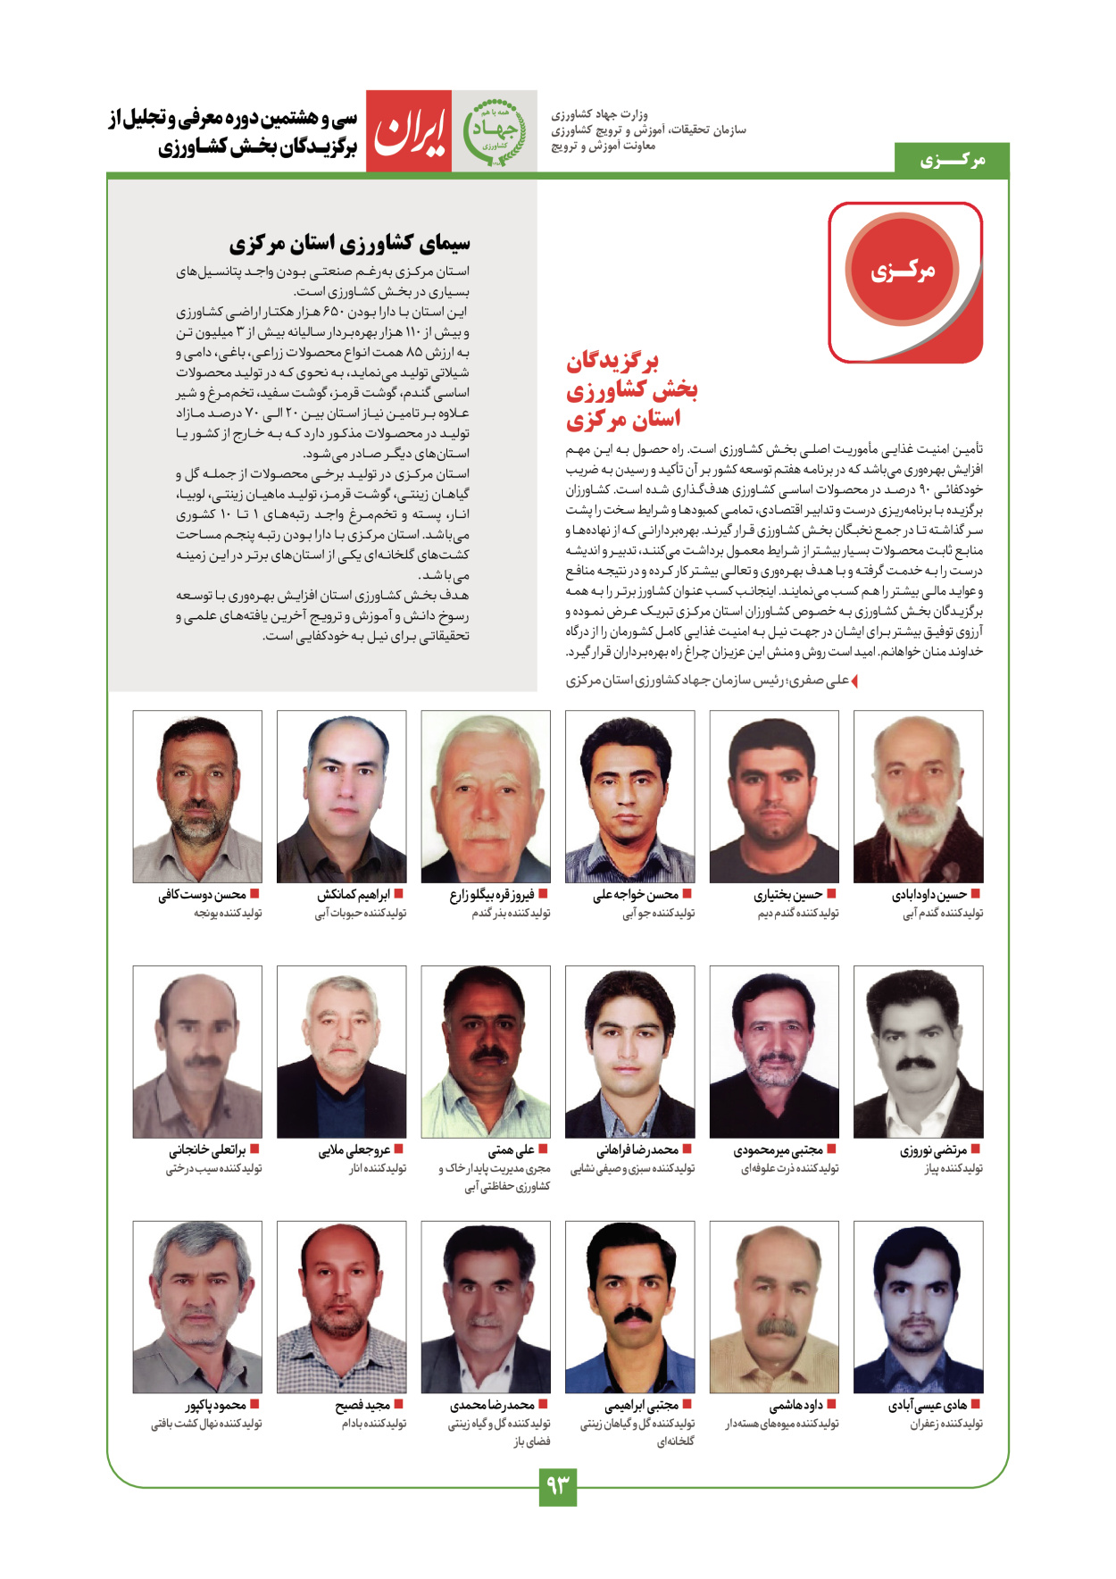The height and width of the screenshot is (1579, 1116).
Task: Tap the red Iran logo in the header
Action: tap(409, 131)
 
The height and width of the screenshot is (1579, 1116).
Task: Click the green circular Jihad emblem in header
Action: tap(494, 131)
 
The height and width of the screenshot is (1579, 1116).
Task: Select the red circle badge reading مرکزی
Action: tap(902, 270)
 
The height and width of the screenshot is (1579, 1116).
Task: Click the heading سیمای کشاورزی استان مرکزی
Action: tap(349, 243)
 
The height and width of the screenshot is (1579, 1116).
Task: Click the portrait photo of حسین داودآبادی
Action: tap(918, 797)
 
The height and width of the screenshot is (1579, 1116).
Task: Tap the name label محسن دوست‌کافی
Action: tap(203, 895)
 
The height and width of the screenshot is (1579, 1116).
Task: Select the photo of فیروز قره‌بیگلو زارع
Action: tap(486, 797)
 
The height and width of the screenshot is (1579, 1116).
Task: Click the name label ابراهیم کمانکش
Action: tap(354, 895)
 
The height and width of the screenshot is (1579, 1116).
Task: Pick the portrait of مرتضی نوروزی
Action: tap(918, 1051)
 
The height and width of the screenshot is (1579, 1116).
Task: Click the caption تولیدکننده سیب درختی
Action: tap(213, 1168)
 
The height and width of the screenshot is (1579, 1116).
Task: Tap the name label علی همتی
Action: tap(512, 1150)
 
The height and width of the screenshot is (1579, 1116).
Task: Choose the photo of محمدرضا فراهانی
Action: tap(629, 1051)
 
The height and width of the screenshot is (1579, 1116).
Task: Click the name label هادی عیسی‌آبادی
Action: tap(928, 1406)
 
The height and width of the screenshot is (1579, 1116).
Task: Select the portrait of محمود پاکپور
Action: tap(197, 1307)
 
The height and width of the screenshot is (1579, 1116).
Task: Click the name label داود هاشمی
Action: tap(796, 1406)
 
